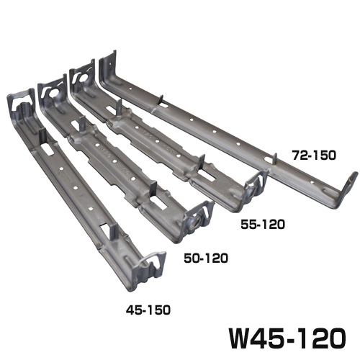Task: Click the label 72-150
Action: [x=313, y=154]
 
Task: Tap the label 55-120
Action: [x=261, y=225]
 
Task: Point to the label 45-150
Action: [x=148, y=312]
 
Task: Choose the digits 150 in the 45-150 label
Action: [x=159, y=312]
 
